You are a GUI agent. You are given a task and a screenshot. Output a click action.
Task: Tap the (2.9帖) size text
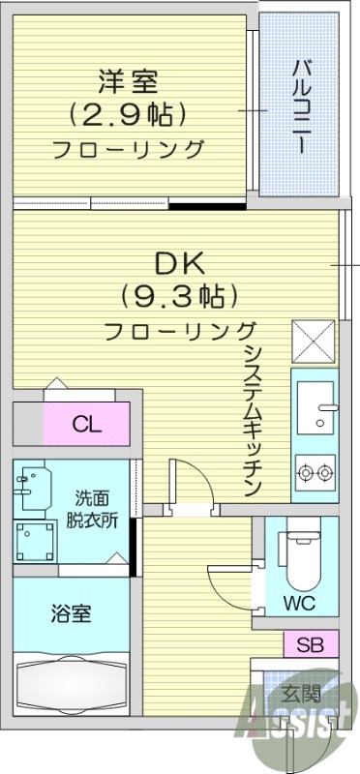click(127, 114)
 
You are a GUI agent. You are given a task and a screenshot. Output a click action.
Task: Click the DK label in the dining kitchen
click(180, 262)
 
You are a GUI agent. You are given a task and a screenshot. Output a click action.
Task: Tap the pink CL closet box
click(87, 424)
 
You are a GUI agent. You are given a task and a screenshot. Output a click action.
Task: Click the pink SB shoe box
click(311, 643)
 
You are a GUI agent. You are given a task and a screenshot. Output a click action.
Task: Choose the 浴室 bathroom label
click(72, 614)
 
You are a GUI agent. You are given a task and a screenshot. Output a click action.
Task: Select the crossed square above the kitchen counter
click(315, 341)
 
